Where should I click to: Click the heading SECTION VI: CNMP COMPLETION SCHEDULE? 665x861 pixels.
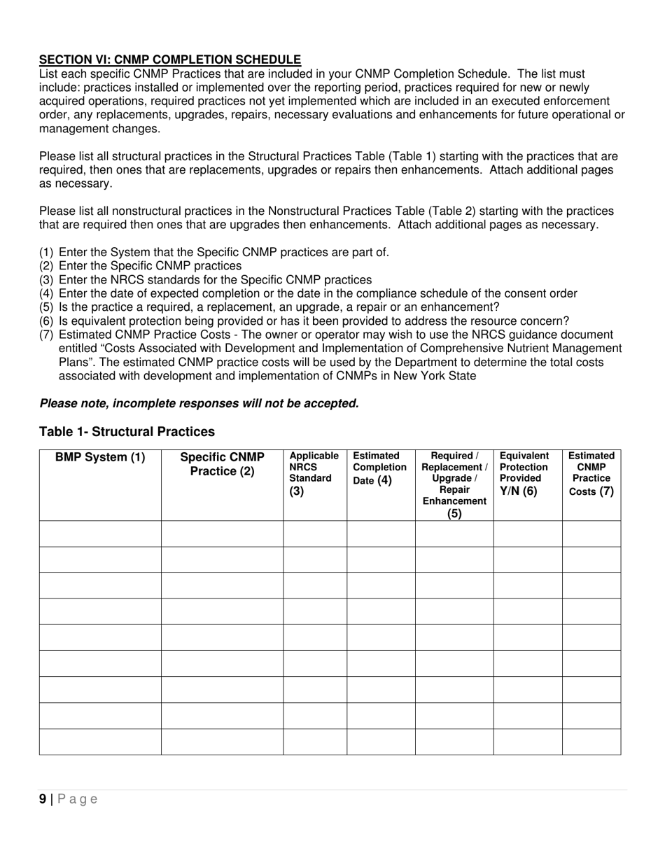point(170,60)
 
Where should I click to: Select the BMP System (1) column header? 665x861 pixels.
point(100,458)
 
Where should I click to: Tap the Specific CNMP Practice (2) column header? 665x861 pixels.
point(222,464)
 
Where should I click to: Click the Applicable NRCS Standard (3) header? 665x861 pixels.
point(314,473)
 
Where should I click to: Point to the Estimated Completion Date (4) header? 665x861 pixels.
point(380,468)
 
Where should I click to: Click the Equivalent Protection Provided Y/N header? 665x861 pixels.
point(527,473)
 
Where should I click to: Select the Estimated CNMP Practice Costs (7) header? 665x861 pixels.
point(591,473)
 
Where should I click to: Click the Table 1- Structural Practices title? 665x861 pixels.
point(127,431)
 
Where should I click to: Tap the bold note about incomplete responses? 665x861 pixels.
point(199,403)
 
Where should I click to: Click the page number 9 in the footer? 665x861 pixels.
point(43,799)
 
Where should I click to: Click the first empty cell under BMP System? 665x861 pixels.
point(100,533)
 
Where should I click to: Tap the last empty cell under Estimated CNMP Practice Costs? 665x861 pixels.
point(591,741)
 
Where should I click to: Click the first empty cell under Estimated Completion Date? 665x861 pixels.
point(381,533)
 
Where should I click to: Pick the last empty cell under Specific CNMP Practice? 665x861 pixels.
point(222,741)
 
